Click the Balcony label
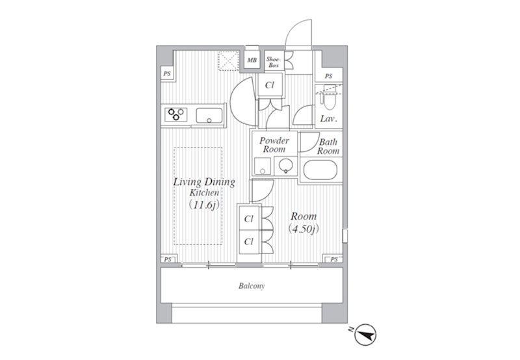click(x=252, y=286)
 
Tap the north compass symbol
click(x=365, y=335)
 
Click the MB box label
click(x=252, y=60)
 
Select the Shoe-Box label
click(x=274, y=62)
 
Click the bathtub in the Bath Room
click(x=320, y=170)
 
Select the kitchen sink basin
click(x=209, y=116)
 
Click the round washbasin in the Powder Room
click(x=286, y=165)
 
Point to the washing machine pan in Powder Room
click(x=263, y=166)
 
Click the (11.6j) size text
click(x=204, y=205)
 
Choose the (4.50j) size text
click(x=304, y=229)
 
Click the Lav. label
click(x=329, y=119)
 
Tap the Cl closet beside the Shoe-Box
click(x=270, y=85)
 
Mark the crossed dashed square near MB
click(x=229, y=61)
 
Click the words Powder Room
click(x=274, y=145)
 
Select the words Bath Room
click(x=328, y=146)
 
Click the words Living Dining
click(x=204, y=182)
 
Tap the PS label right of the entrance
click(x=328, y=76)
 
